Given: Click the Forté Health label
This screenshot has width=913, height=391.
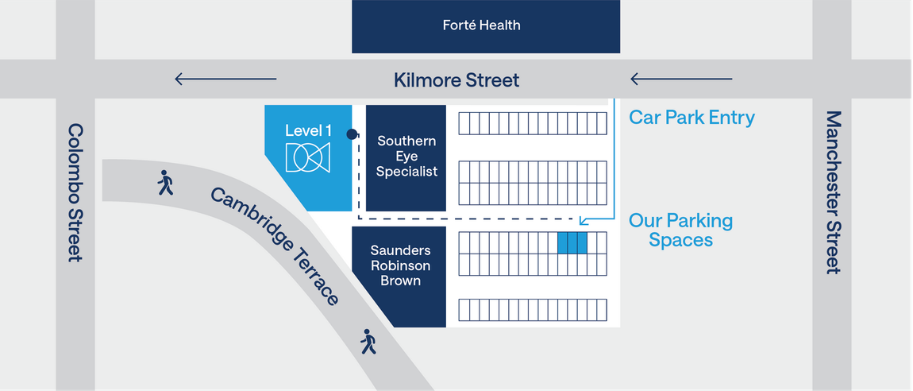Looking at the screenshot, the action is pyautogui.click(x=481, y=25).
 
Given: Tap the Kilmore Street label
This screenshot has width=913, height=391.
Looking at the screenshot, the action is pyautogui.click(x=456, y=79).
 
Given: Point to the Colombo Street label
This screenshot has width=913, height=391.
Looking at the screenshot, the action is pyautogui.click(x=75, y=192).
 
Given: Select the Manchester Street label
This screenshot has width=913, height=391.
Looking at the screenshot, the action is pyautogui.click(x=834, y=192).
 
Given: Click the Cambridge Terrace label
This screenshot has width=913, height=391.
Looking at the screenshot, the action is pyautogui.click(x=274, y=246).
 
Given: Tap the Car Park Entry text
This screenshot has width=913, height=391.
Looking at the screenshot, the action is pyautogui.click(x=691, y=118).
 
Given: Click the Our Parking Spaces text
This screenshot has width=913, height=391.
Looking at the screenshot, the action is pyautogui.click(x=680, y=230).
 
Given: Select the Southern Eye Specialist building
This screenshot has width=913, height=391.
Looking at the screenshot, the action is pyautogui.click(x=406, y=158).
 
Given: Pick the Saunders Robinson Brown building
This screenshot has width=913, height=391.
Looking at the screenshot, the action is pyautogui.click(x=399, y=277).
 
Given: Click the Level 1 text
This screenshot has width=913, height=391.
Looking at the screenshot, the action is pyautogui.click(x=308, y=130).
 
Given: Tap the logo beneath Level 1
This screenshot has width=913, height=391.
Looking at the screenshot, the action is pyautogui.click(x=308, y=157).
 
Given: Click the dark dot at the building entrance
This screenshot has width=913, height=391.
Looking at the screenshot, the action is pyautogui.click(x=352, y=134).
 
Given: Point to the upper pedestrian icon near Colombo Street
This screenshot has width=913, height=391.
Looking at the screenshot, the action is pyautogui.click(x=165, y=183).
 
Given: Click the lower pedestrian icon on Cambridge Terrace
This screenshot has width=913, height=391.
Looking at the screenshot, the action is pyautogui.click(x=368, y=342).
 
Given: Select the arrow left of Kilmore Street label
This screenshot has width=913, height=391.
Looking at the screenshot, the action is pyautogui.click(x=226, y=79).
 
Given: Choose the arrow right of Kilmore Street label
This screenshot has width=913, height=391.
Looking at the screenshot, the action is pyautogui.click(x=681, y=79).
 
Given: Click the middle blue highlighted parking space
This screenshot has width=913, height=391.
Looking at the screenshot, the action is pyautogui.click(x=572, y=243).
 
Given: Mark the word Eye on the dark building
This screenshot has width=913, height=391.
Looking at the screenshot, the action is pyautogui.click(x=406, y=157).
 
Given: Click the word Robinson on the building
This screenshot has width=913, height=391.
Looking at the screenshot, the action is pyautogui.click(x=401, y=265).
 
